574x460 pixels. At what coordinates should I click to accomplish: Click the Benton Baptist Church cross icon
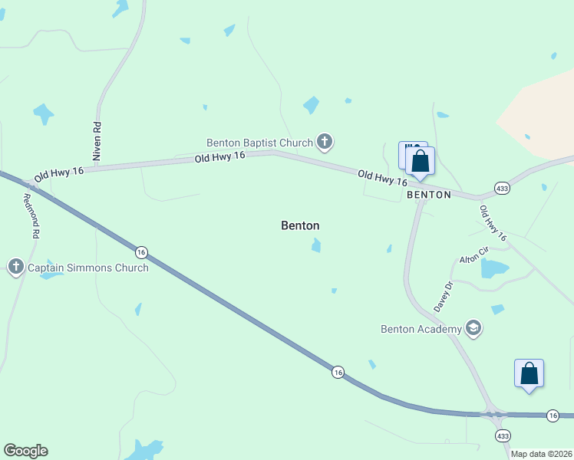[325, 142]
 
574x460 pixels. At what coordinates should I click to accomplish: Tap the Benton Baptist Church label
[259, 143]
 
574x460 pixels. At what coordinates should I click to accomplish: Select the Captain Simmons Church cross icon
[16, 268]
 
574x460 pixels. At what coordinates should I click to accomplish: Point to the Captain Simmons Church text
[88, 268]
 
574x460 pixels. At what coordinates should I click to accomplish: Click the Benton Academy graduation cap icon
[473, 329]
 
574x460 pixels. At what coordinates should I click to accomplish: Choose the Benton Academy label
[421, 330]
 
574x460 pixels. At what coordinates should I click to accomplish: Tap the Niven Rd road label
[97, 140]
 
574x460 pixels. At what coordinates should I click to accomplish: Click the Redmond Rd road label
[31, 215]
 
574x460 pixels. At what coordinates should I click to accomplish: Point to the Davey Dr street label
[444, 295]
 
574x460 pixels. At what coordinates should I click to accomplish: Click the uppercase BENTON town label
[429, 195]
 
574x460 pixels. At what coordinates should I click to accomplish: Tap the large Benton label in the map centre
[300, 225]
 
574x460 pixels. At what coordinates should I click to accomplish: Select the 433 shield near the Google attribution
[503, 435]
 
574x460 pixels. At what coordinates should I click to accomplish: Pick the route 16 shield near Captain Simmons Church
[140, 251]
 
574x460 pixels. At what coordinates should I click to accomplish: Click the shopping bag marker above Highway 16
[529, 374]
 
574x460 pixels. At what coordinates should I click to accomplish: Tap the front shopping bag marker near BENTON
[420, 162]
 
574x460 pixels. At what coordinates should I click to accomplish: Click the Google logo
[25, 451]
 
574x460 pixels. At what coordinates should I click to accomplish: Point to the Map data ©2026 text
[542, 454]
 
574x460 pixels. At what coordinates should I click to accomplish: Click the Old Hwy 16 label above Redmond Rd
[58, 172]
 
